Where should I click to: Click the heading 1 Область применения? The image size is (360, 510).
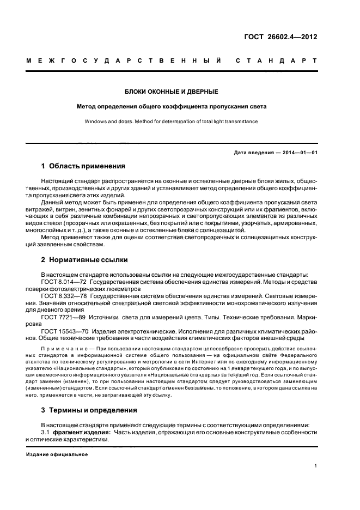click(83, 166)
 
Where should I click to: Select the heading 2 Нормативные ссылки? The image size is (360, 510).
click(84, 259)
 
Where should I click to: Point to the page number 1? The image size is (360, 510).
click(316, 466)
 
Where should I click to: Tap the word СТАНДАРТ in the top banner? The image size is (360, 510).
click(277, 62)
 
